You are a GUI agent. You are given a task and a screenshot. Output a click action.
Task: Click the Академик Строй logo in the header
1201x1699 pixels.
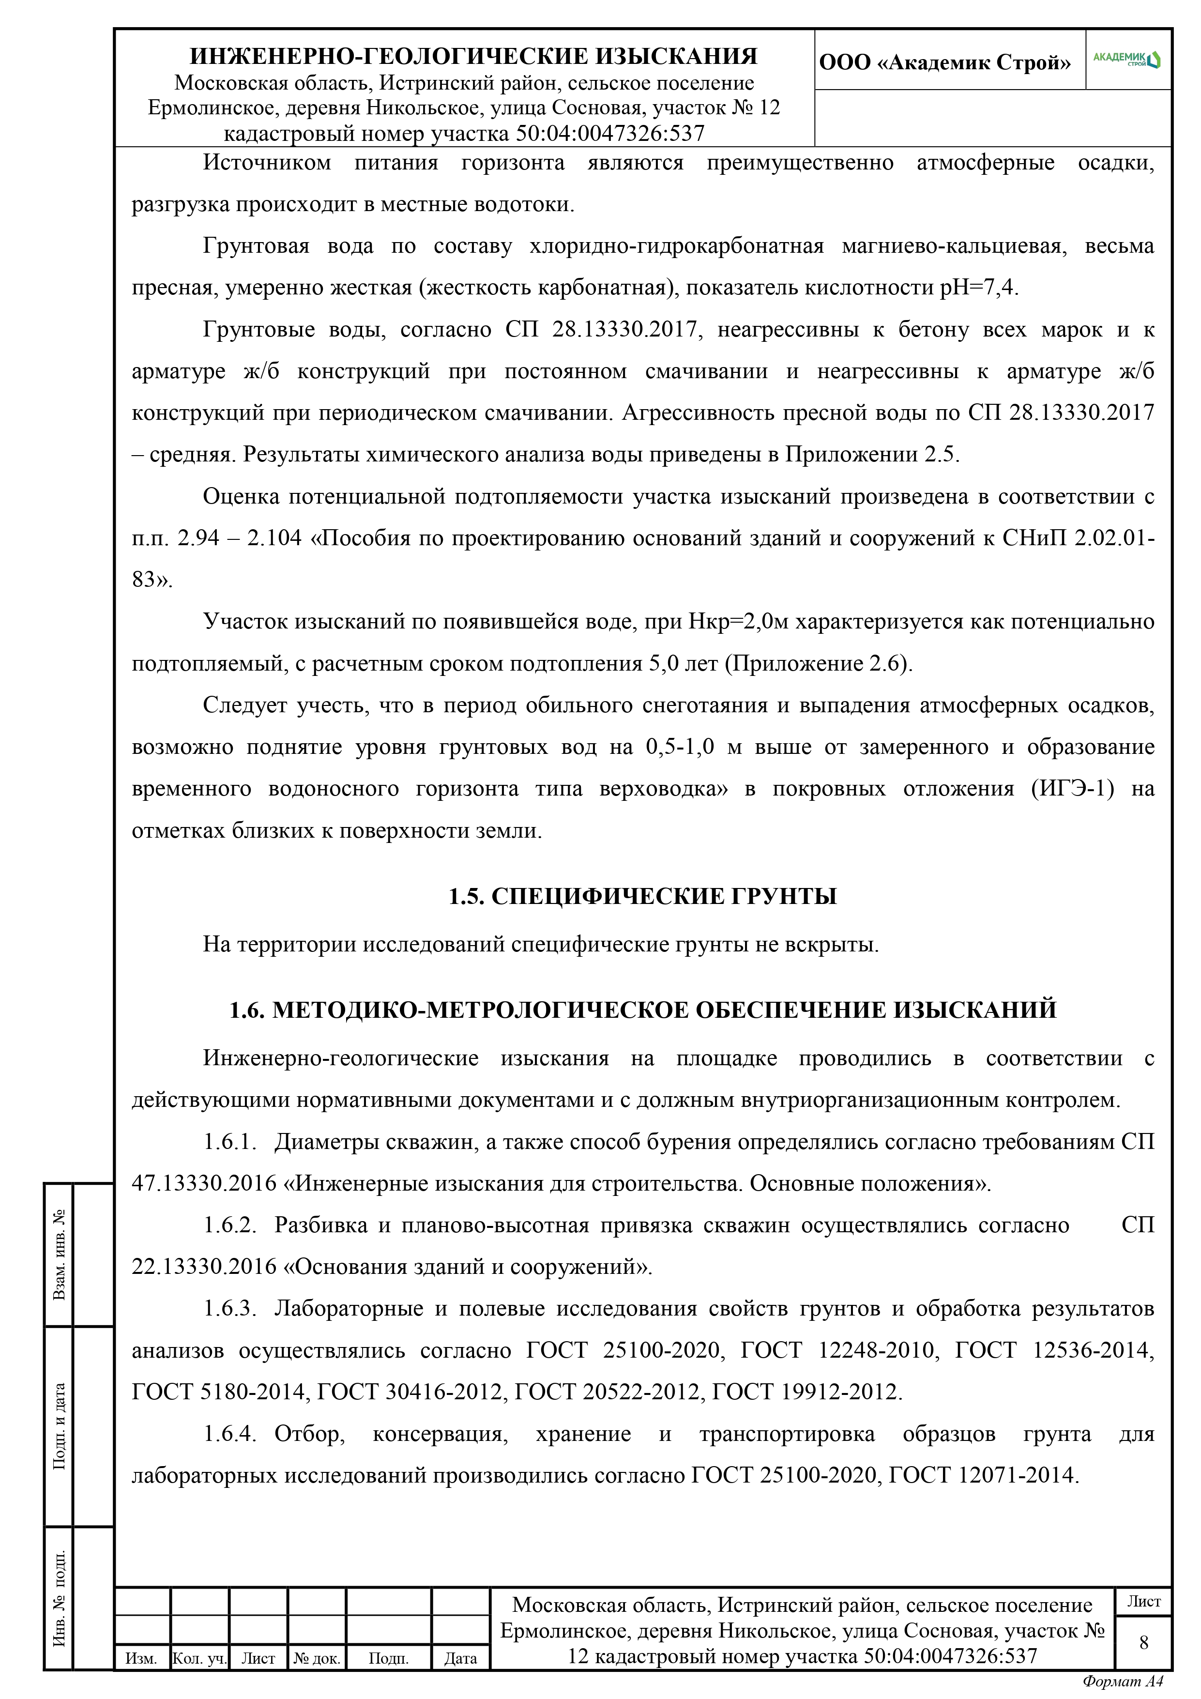[1127, 60]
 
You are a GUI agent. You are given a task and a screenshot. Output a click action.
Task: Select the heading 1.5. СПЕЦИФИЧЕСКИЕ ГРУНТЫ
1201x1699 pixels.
[642, 896]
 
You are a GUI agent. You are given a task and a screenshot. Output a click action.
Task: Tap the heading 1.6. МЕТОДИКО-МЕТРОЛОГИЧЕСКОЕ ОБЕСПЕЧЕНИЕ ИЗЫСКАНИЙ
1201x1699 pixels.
[642, 1010]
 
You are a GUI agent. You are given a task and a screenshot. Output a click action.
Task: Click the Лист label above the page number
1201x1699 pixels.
[1143, 1601]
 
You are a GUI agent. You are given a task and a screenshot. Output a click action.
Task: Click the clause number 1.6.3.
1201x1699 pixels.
[229, 1309]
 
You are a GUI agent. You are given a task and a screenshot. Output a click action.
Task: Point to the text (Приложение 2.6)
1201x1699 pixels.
[818, 664]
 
